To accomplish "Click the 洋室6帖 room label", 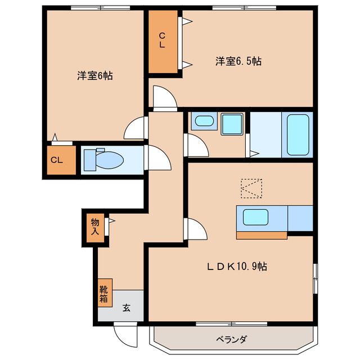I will [x=94, y=75].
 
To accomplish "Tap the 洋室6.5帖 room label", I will [x=238, y=61].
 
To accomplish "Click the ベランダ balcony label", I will [x=231, y=339].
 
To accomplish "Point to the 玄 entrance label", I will [x=127, y=308].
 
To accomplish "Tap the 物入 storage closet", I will [x=95, y=227].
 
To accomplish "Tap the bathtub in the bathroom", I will [x=299, y=135].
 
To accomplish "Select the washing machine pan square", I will [x=231, y=124].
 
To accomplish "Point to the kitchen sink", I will [x=256, y=217].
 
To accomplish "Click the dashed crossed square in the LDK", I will [x=251, y=188].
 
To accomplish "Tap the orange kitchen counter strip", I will [x=262, y=235].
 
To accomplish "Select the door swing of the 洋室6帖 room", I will [x=136, y=128].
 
